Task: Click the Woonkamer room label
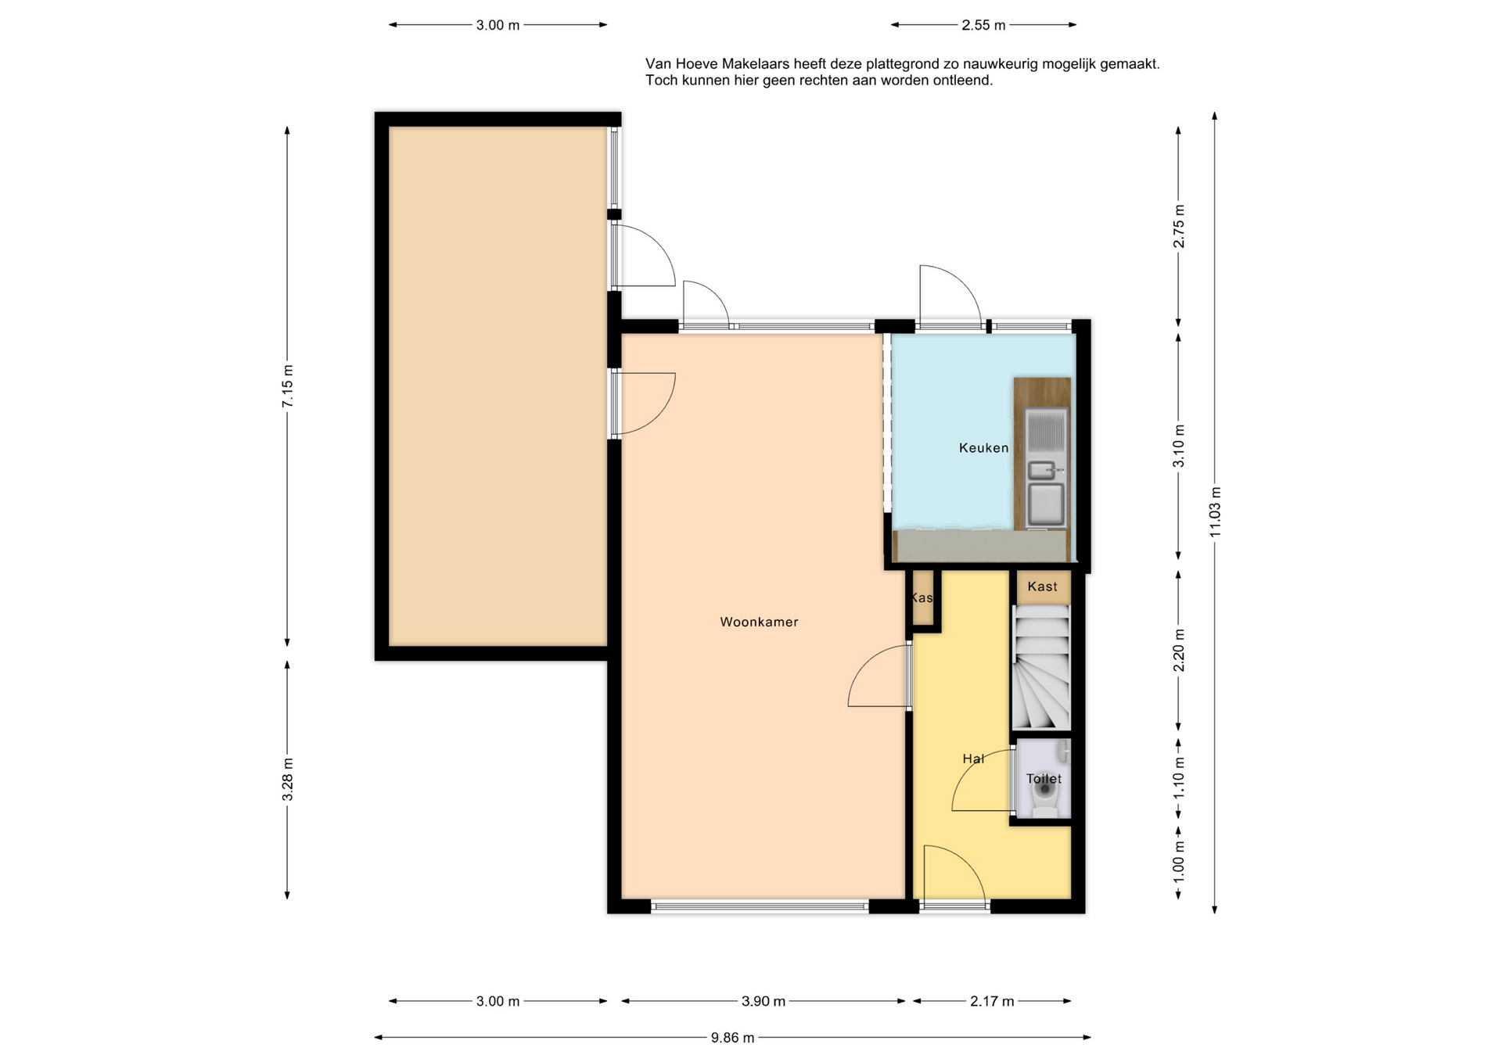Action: click(x=759, y=622)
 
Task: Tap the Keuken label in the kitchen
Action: click(x=983, y=448)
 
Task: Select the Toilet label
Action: click(x=1044, y=779)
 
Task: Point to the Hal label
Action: click(x=973, y=759)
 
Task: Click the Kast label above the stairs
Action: click(x=1042, y=587)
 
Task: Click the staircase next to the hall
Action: click(x=1041, y=668)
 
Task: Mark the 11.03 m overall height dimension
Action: click(x=1215, y=511)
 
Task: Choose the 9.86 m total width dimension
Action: click(x=732, y=1038)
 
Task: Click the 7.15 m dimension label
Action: click(x=288, y=386)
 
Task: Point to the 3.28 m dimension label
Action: click(x=288, y=779)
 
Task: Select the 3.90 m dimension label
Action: click(x=763, y=1001)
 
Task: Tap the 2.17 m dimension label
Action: click(x=992, y=1001)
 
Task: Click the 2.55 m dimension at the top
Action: click(x=983, y=25)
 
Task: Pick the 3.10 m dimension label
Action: click(x=1179, y=446)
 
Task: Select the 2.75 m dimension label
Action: click(x=1179, y=226)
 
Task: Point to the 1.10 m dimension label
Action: click(x=1179, y=778)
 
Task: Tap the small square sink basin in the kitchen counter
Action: click(x=1041, y=470)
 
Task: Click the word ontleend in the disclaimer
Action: click(x=962, y=80)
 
